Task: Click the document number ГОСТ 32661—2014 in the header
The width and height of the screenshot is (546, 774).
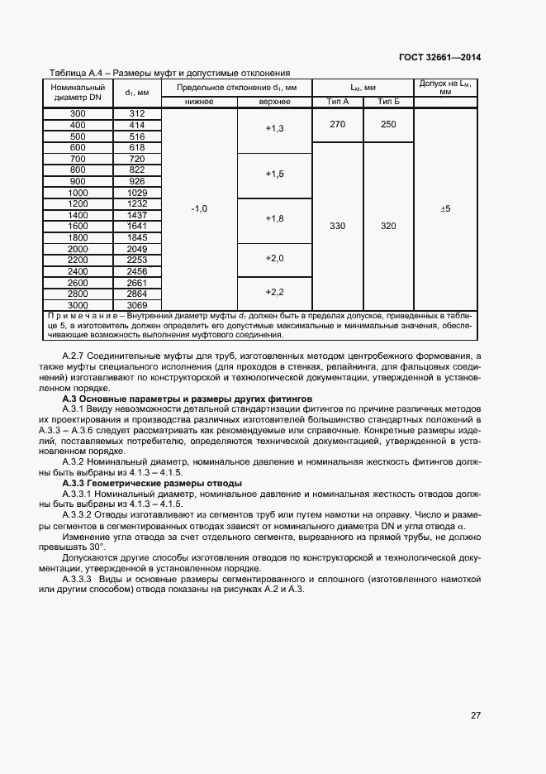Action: tap(438, 57)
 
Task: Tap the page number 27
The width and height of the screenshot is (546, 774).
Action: tap(476, 715)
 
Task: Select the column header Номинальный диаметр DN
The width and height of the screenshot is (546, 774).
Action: tap(78, 92)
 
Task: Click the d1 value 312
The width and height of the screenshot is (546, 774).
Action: tap(137, 113)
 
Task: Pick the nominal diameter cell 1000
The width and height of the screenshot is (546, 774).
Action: tap(78, 192)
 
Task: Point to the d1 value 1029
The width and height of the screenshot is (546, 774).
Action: tap(137, 192)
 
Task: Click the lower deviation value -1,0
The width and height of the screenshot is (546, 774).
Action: tap(199, 209)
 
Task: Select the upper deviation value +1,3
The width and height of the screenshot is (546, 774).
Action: tap(274, 130)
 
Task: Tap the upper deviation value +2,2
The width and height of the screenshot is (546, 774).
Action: tap(274, 293)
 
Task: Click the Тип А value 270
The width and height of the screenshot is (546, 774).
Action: tap(338, 124)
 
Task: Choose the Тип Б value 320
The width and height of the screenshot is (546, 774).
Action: tap(388, 226)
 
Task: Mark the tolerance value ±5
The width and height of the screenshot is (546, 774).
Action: tap(445, 209)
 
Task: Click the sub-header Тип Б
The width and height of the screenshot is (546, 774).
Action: tap(388, 102)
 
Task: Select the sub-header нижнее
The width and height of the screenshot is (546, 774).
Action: tap(199, 102)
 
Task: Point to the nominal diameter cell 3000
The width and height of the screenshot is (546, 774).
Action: tap(78, 304)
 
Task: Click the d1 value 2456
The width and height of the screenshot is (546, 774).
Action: tap(137, 270)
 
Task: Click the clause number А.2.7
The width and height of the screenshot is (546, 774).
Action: tap(75, 355)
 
